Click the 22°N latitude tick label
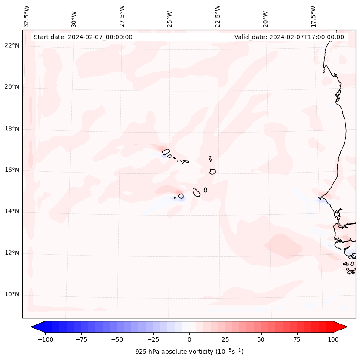tap(12, 46)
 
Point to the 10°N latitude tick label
tap(12, 295)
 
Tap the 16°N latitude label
tap(12, 170)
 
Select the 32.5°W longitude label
tap(27, 16)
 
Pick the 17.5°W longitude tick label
tap(313, 16)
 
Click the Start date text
tap(83, 37)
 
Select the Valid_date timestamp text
tap(289, 37)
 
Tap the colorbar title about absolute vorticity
tap(189, 352)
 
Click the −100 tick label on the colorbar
tap(45, 339)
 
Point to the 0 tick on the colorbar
tap(189, 339)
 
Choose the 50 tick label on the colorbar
tap(261, 339)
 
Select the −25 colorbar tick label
tap(153, 339)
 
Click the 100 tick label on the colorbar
tap(333, 339)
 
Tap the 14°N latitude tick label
tap(12, 212)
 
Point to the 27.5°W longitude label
tap(122, 16)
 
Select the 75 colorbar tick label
tap(297, 339)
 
